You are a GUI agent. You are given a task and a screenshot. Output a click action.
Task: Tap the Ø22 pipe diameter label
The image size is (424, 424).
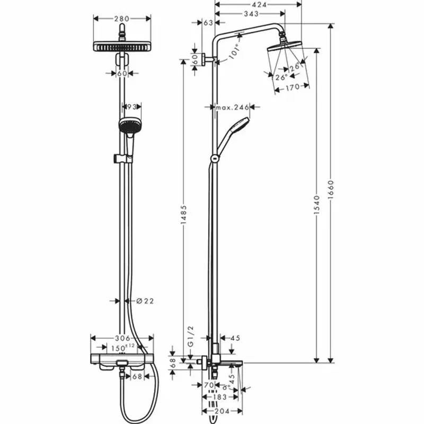(145, 301)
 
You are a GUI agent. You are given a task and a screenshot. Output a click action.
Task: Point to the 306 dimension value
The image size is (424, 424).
(122, 337)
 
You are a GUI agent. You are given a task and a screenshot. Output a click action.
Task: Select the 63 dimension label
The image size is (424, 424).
(208, 23)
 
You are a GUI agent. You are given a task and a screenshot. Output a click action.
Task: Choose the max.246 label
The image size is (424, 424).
(232, 108)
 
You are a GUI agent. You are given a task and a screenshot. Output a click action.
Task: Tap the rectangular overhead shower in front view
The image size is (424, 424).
(122, 47)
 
